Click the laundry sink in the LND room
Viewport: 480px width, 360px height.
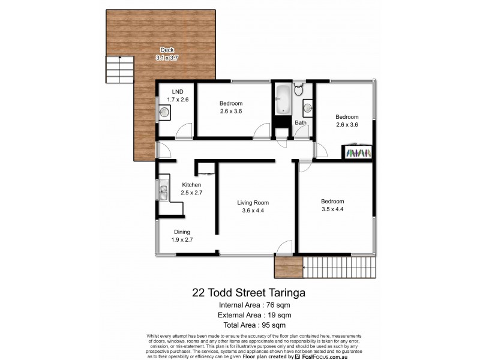(x=165, y=111)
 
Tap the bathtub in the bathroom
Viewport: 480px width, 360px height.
(x=282, y=100)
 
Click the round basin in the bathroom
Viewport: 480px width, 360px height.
(x=307, y=108)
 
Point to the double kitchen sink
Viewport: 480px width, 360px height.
(x=163, y=191)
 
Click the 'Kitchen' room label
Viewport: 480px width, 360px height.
(x=191, y=185)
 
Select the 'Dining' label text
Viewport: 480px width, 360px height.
(x=182, y=232)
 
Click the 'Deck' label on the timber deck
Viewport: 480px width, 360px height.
(x=167, y=50)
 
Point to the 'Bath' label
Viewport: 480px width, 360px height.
(x=301, y=123)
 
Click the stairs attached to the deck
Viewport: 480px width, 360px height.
(x=120, y=69)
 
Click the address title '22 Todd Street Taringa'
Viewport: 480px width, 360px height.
(x=249, y=293)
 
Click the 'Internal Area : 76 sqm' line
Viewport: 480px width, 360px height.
(x=249, y=305)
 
